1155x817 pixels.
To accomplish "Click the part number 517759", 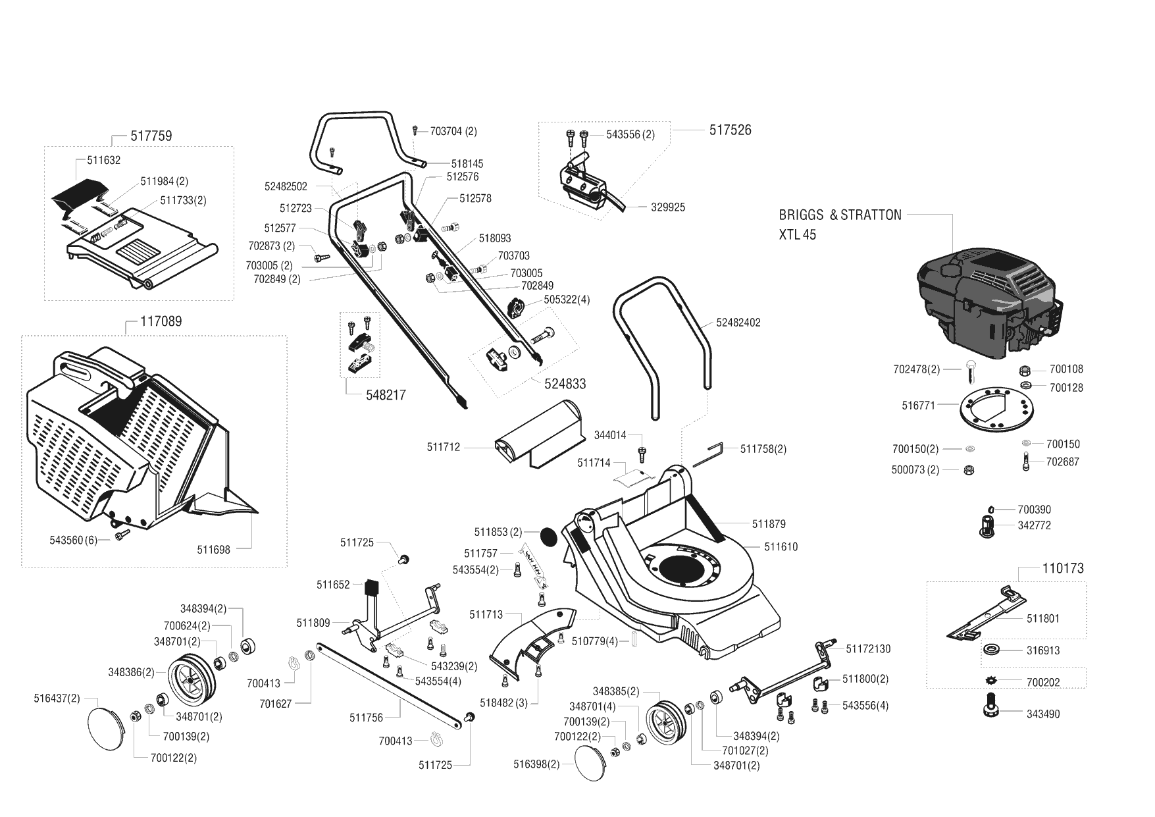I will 151,136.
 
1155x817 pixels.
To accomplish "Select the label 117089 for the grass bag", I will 161,322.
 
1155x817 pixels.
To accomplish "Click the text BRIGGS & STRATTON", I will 840,215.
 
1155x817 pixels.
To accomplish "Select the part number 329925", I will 668,207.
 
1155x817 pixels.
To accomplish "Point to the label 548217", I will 386,396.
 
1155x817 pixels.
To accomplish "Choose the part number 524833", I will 565,384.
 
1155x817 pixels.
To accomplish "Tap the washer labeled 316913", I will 993,650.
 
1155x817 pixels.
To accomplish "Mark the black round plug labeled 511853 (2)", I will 548,535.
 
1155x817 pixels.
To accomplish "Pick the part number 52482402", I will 738,323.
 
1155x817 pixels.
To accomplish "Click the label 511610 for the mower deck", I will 781,547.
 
